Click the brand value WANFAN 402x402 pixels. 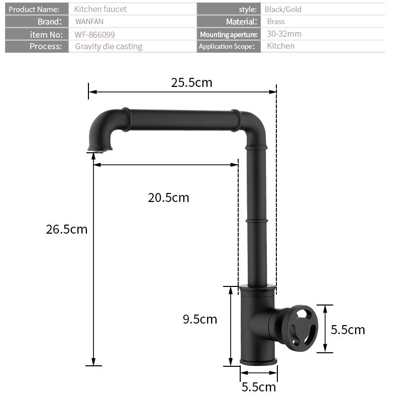click(x=89, y=22)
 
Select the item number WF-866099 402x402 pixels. click(x=95, y=34)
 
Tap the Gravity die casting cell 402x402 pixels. click(x=109, y=46)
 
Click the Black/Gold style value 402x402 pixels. click(x=283, y=9)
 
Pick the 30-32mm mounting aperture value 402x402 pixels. click(x=284, y=34)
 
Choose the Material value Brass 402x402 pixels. click(x=276, y=22)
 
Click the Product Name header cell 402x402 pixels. click(x=34, y=9)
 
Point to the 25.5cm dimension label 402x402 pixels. click(x=191, y=82)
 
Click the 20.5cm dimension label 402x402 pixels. click(x=168, y=197)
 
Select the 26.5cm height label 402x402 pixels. click(x=66, y=229)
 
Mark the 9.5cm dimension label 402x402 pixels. click(x=199, y=319)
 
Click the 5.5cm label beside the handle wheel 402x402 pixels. click(x=348, y=330)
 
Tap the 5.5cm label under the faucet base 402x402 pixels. click(x=259, y=387)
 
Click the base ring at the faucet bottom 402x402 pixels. click(x=258, y=361)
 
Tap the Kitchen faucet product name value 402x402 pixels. click(x=100, y=9)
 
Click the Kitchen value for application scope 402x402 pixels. click(x=280, y=46)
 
